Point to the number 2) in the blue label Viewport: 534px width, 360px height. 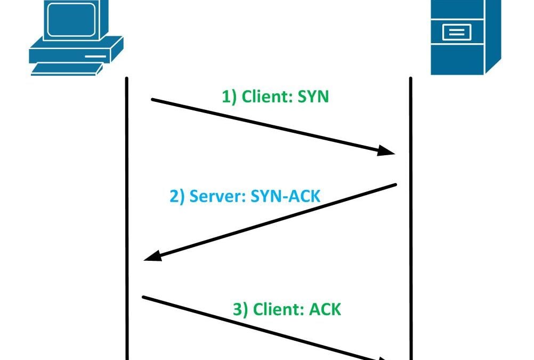click(x=177, y=196)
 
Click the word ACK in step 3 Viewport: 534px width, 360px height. click(x=325, y=309)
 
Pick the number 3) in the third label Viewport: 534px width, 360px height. click(x=241, y=309)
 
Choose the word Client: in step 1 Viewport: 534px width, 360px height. click(x=264, y=97)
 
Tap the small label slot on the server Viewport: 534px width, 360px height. click(x=456, y=33)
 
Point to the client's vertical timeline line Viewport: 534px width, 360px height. click(x=127, y=213)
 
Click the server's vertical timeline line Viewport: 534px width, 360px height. click(x=411, y=213)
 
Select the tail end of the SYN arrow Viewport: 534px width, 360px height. click(x=152, y=99)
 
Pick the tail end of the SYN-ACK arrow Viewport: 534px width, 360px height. click(x=396, y=185)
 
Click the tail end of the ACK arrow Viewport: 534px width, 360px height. click(x=143, y=297)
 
